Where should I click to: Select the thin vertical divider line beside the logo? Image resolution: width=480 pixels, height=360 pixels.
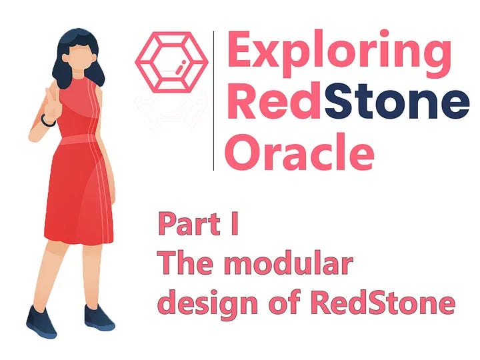click(x=214, y=100)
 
